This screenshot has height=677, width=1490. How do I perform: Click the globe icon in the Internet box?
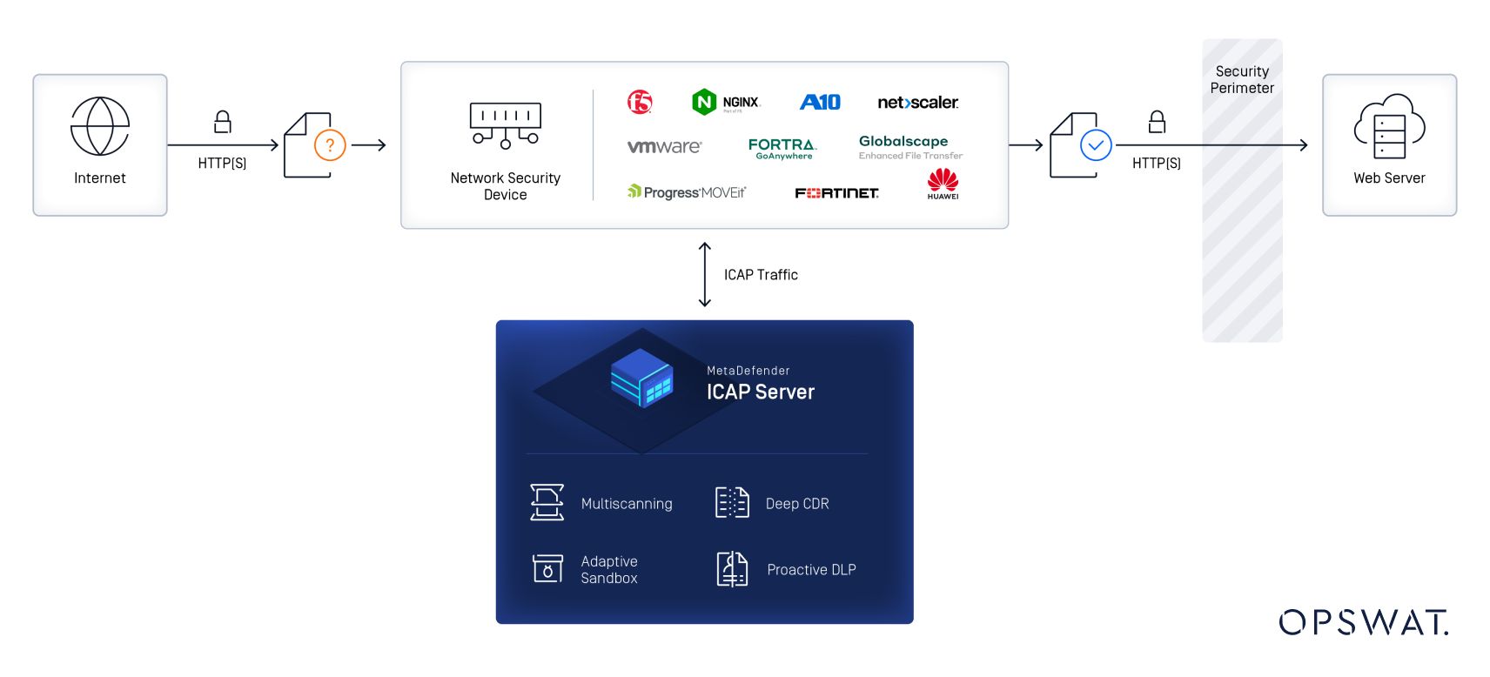(100, 126)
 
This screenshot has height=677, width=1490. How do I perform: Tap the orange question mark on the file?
(330, 145)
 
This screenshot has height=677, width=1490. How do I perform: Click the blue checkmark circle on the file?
(1096, 145)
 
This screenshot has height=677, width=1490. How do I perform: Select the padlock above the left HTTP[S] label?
(223, 122)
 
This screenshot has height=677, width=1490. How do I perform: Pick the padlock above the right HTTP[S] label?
(1157, 122)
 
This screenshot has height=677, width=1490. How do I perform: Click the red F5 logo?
(640, 103)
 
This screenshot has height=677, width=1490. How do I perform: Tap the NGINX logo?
(727, 103)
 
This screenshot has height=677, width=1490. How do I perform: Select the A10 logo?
(820, 103)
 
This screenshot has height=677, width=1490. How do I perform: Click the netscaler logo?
(917, 103)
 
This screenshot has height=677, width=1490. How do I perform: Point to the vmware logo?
(664, 147)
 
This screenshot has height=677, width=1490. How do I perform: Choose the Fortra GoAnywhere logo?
(782, 148)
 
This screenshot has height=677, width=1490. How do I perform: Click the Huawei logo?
(943, 184)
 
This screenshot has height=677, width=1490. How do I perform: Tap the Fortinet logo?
(836, 193)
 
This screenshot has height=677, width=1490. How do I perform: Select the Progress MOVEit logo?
(687, 192)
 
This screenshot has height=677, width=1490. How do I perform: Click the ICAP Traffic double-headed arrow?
(705, 274)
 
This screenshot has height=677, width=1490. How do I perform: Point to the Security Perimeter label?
(1242, 79)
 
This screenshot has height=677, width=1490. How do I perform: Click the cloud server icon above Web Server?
(1389, 126)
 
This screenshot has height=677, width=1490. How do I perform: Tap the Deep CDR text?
(797, 504)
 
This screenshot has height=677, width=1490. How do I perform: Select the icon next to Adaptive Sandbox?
(547, 569)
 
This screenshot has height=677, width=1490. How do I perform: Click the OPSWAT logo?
(1363, 622)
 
